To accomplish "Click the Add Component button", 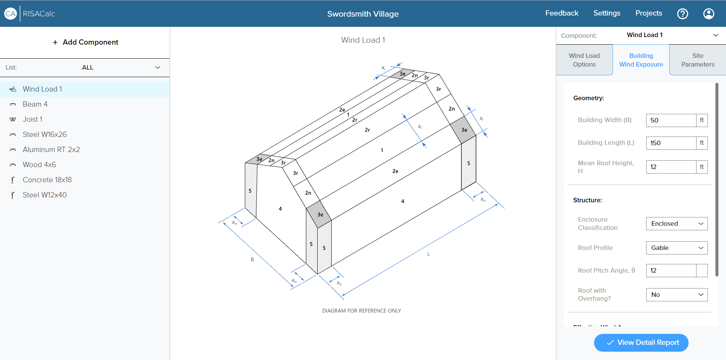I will pyautogui.click(x=85, y=42).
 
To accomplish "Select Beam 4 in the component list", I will pyautogui.click(x=35, y=104).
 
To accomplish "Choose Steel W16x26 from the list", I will pyautogui.click(x=45, y=134).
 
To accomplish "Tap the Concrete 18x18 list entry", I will pyautogui.click(x=47, y=180).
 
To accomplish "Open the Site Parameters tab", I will pyautogui.click(x=697, y=60).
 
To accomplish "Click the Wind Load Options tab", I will pyautogui.click(x=584, y=60).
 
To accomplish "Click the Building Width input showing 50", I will pyautogui.click(x=671, y=120).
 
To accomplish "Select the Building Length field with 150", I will pyautogui.click(x=671, y=143).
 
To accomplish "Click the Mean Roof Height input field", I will pyautogui.click(x=671, y=167).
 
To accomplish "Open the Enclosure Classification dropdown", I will pyautogui.click(x=676, y=223).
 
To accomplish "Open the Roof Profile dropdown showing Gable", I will pyautogui.click(x=676, y=248).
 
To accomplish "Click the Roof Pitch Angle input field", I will pyautogui.click(x=671, y=270).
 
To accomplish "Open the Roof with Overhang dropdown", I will pyautogui.click(x=676, y=295).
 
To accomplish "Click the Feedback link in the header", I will pyautogui.click(x=562, y=13).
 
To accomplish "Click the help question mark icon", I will pyautogui.click(x=683, y=14).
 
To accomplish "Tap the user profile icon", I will pyautogui.click(x=709, y=14).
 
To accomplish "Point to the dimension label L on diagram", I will pyautogui.click(x=428, y=254).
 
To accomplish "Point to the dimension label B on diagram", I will pyautogui.click(x=252, y=259).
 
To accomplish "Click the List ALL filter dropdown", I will pyautogui.click(x=87, y=67).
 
